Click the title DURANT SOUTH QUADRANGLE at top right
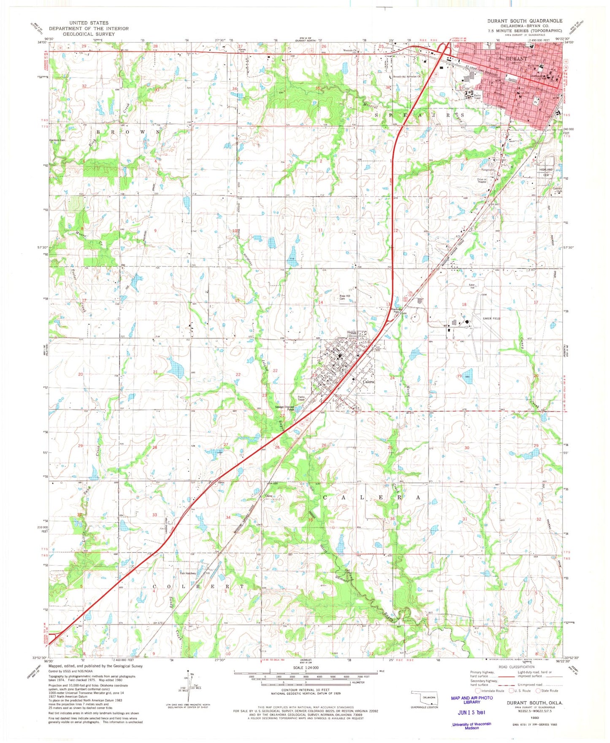click(x=524, y=21)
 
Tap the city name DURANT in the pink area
click(x=516, y=59)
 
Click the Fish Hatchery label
click(x=188, y=573)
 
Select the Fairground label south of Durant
click(x=488, y=170)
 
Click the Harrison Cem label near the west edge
click(x=57, y=140)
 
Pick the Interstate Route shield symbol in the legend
click(x=477, y=691)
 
